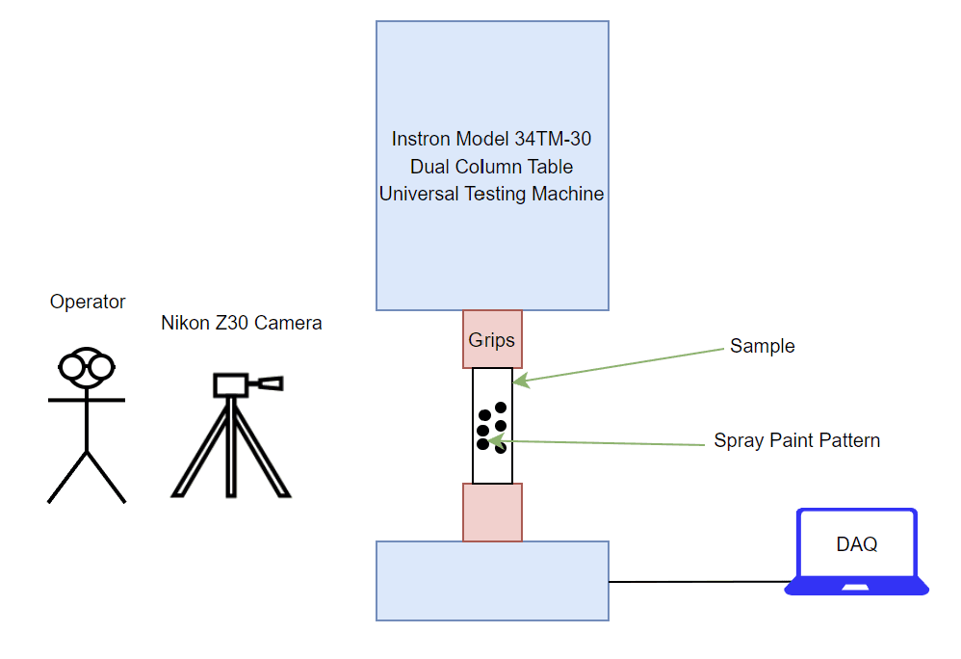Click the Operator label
click(x=88, y=302)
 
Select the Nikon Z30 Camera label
click(x=242, y=323)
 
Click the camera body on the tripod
click(x=230, y=385)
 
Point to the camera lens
click(x=266, y=383)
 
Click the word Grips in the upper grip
click(x=491, y=340)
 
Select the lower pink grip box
click(x=493, y=513)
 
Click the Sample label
click(x=763, y=346)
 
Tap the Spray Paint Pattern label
click(x=796, y=440)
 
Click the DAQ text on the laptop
click(x=857, y=543)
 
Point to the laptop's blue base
click(x=857, y=587)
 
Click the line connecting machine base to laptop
click(x=700, y=582)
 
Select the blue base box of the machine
click(x=493, y=581)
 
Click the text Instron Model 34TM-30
click(x=491, y=139)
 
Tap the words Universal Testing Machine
click(x=491, y=194)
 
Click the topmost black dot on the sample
click(x=501, y=407)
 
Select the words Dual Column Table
click(x=491, y=167)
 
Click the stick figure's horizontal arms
click(x=87, y=400)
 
